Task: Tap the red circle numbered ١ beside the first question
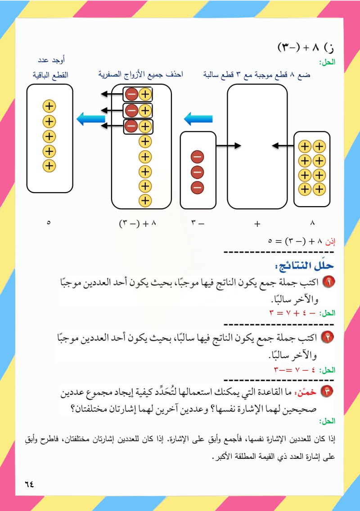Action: (x=331, y=283)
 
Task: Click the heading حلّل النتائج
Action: (x=305, y=264)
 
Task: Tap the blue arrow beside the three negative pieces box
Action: (x=198, y=119)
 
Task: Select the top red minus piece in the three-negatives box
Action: (x=198, y=157)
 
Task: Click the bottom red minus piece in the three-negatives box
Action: (x=198, y=188)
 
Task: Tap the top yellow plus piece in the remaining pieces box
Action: (x=49, y=106)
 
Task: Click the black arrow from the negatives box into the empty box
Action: (x=228, y=145)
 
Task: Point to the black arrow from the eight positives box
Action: (x=283, y=145)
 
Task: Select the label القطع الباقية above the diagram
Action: (x=49, y=74)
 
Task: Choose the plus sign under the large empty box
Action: (x=257, y=223)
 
